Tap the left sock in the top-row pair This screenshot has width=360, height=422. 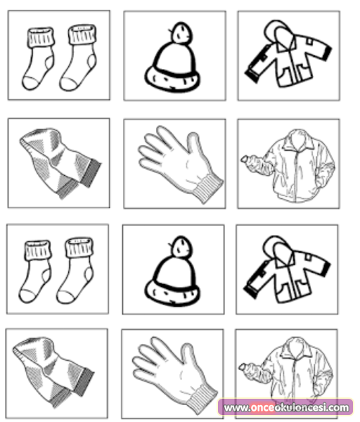coord(38,58)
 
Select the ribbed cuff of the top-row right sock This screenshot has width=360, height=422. coord(82,34)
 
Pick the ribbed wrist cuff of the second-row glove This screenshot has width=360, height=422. coord(207,188)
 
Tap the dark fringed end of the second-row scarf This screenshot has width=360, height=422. coord(91,173)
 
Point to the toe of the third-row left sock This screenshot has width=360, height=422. coord(27,296)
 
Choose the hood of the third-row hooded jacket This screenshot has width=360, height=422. coord(276,249)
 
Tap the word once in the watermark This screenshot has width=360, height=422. coord(262,408)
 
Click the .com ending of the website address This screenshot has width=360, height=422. coord(337,408)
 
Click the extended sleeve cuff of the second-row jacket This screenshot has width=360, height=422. coord(246,160)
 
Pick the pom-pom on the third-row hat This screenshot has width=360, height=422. coord(181,247)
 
